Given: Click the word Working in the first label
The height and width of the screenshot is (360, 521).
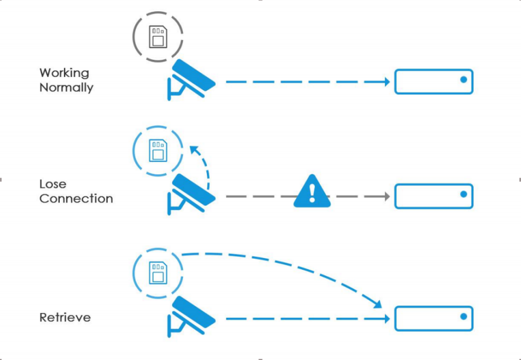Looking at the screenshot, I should [x=64, y=73].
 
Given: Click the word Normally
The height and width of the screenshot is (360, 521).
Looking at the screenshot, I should [x=66, y=88].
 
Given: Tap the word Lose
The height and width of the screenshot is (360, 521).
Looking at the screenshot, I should [x=53, y=184].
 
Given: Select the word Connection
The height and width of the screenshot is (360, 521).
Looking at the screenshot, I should [x=76, y=198].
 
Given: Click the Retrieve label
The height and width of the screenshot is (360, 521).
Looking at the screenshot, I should [x=65, y=318].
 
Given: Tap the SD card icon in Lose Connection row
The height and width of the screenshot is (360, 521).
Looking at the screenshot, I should [x=157, y=150].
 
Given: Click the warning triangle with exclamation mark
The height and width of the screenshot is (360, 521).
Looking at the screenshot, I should [x=312, y=191].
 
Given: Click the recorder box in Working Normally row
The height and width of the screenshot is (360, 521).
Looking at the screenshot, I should [x=433, y=81].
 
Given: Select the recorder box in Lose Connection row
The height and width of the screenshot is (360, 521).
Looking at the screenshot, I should [x=433, y=196].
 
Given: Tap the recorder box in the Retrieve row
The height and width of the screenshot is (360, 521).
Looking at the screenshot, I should [x=433, y=318].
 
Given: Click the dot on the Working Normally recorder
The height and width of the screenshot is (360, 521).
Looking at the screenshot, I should [x=464, y=79].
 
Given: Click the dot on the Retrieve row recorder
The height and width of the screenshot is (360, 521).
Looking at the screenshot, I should [x=464, y=316].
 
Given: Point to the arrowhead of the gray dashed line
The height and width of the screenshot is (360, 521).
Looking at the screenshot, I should [x=387, y=196].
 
